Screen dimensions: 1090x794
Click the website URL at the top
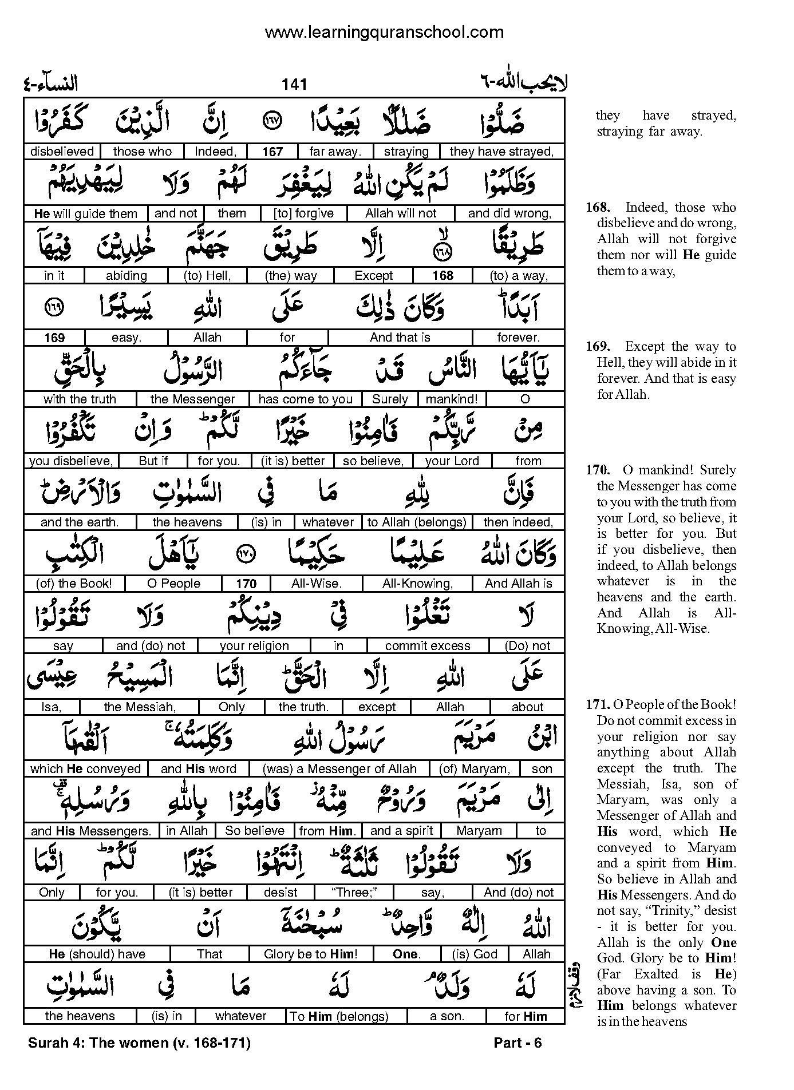click(384, 32)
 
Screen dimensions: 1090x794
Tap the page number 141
click(294, 85)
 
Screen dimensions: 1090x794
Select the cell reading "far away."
click(335, 152)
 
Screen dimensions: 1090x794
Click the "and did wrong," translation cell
click(509, 213)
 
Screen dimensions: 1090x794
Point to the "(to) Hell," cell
click(207, 276)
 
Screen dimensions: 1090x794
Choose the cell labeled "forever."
click(518, 338)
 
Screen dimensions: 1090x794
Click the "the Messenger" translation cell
click(192, 399)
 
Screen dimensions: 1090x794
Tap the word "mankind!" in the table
click(452, 399)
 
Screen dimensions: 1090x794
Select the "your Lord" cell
click(452, 461)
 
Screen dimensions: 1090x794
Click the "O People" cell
click(173, 584)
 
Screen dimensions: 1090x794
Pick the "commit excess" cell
click(428, 646)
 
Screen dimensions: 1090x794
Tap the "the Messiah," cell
click(140, 707)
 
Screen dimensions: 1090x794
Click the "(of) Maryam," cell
click(474, 769)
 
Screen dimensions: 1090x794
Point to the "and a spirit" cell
click(402, 831)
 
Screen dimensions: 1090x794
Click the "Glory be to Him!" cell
click(310, 954)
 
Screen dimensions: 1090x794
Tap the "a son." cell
click(447, 1016)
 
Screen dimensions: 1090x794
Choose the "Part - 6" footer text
click(518, 1043)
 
